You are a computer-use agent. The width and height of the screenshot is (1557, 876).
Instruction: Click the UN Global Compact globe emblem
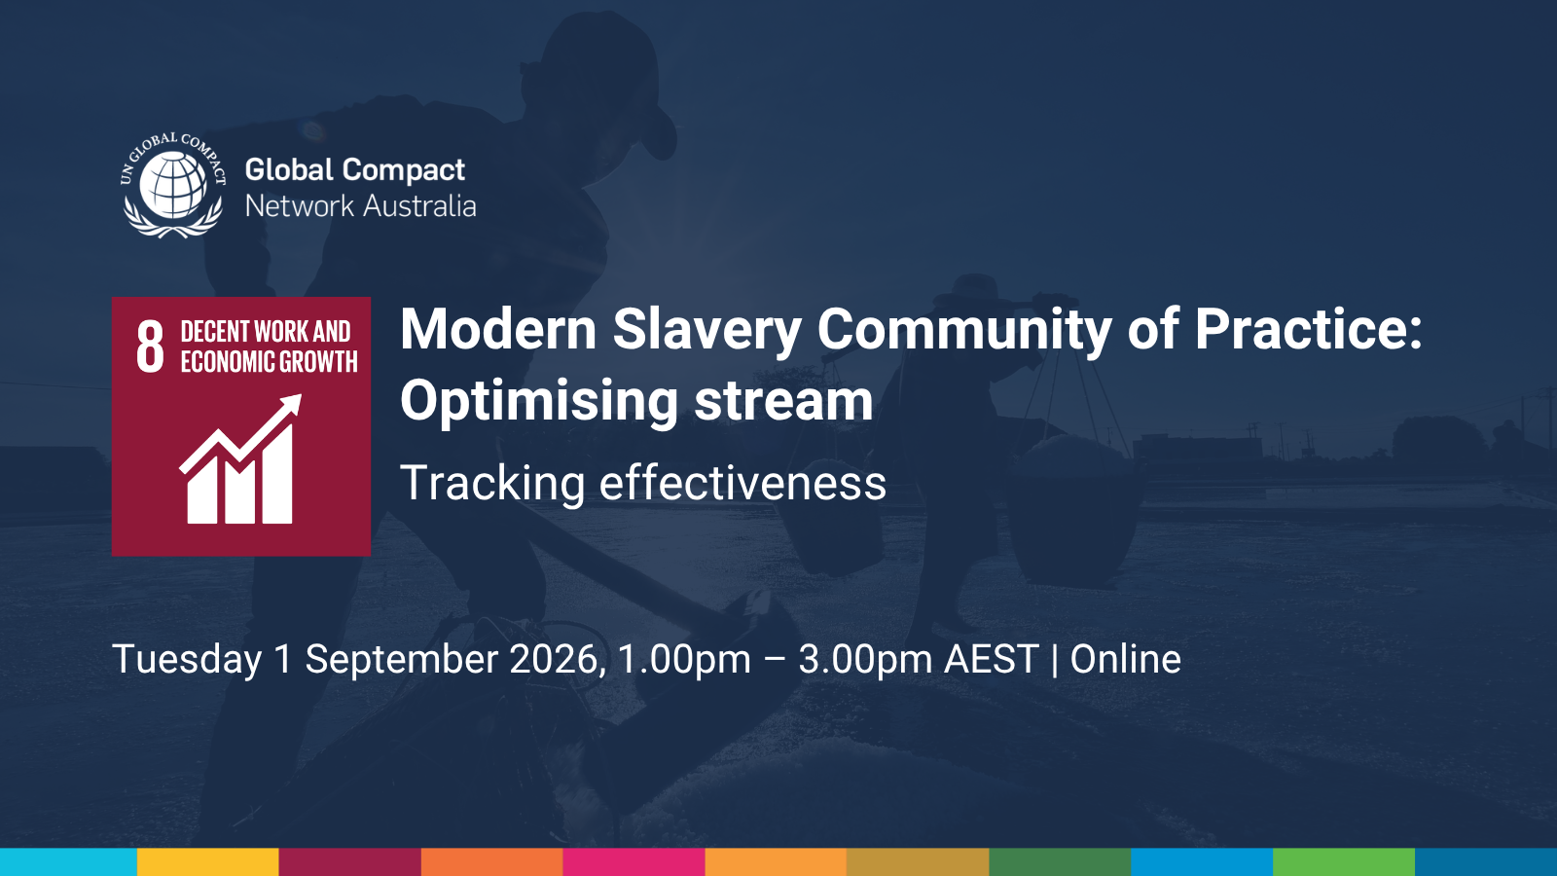173,185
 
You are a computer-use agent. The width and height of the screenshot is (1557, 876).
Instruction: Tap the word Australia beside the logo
419,206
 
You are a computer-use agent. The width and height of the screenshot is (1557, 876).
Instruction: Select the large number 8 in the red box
150,347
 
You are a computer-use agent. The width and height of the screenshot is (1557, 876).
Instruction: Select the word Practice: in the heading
1308,330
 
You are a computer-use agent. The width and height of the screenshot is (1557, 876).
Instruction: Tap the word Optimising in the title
539,401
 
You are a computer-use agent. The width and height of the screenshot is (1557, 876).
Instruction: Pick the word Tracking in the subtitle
492,484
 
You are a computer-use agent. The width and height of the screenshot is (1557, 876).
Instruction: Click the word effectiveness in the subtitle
742,484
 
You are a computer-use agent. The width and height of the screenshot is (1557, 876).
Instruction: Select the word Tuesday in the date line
187,660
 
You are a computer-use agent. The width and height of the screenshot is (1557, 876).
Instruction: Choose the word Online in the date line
1125,660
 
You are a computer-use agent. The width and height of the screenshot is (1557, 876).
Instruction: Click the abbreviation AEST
992,660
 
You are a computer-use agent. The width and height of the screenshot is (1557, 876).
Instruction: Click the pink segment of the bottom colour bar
634,862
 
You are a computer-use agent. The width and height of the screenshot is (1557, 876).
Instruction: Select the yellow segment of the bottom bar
207,862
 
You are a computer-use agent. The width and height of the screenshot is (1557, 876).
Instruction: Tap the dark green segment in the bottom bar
1060,862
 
